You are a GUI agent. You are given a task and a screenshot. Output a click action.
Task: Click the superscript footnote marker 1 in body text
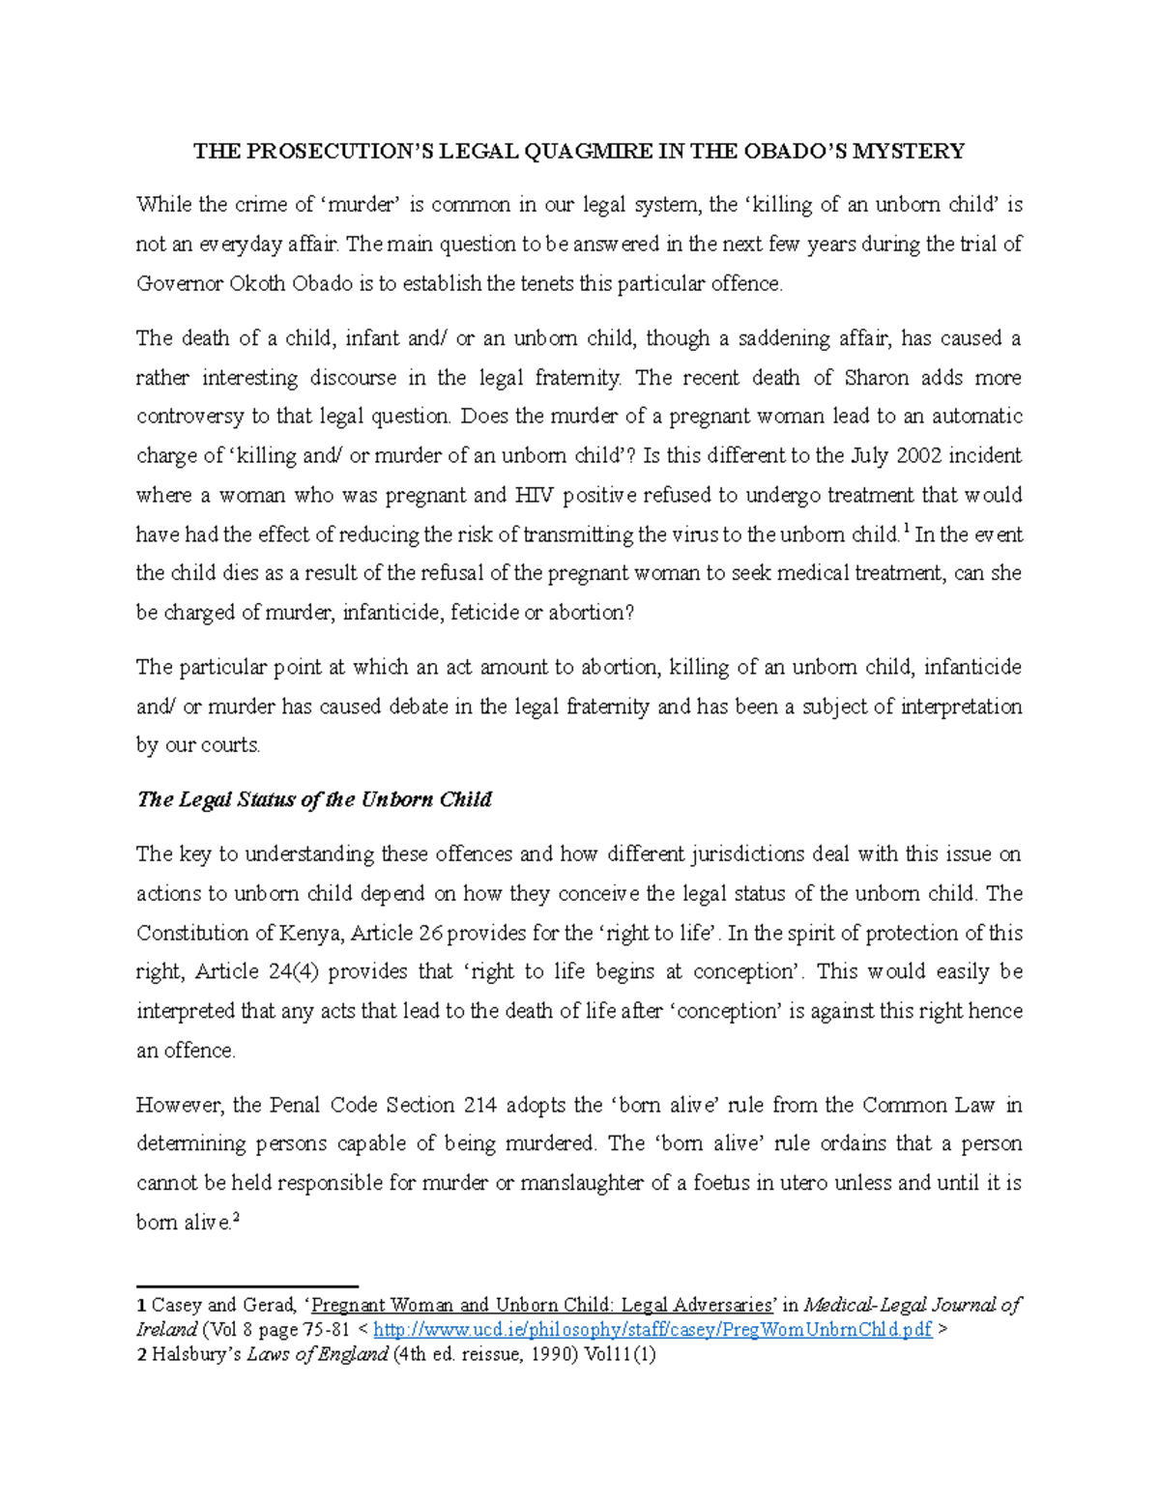tap(905, 529)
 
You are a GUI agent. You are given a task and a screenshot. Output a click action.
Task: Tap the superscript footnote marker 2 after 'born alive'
tap(236, 1218)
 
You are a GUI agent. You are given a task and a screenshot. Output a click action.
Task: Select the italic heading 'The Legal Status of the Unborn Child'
tap(314, 799)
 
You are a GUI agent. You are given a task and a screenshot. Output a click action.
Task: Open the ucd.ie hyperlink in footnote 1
tap(652, 1330)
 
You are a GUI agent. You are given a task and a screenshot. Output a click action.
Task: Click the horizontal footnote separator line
tap(247, 1286)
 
